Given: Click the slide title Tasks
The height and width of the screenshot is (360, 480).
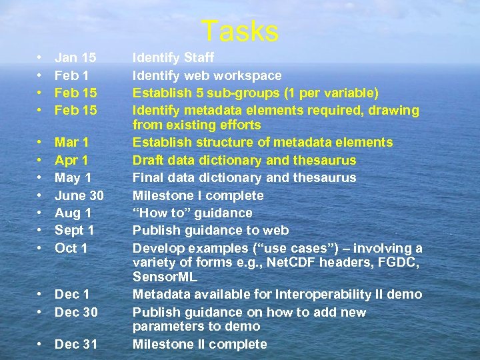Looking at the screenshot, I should (x=240, y=31).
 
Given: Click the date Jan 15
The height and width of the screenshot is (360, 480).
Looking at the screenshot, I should (x=75, y=59).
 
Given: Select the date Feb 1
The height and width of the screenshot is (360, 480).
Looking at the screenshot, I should (x=72, y=76).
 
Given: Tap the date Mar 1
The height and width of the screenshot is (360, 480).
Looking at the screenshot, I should (x=72, y=143).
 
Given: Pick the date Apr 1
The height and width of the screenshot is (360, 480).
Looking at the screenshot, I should (x=71, y=160).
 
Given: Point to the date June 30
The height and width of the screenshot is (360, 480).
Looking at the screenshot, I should (x=79, y=195).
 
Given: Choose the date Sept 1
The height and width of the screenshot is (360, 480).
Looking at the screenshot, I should (x=75, y=231).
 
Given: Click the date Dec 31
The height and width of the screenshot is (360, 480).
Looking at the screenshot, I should (x=76, y=344).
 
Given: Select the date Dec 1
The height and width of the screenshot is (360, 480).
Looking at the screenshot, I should (x=72, y=294).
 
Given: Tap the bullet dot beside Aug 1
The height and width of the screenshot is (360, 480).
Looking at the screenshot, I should (x=41, y=213).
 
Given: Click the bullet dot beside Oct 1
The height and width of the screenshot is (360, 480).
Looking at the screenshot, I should (x=41, y=248).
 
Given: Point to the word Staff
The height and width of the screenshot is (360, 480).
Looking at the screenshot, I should (x=198, y=59).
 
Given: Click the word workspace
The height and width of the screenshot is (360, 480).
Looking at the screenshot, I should (x=249, y=76).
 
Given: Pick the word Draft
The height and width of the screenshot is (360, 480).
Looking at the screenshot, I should (x=147, y=160).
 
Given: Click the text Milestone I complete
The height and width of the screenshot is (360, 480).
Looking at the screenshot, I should (x=198, y=195).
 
